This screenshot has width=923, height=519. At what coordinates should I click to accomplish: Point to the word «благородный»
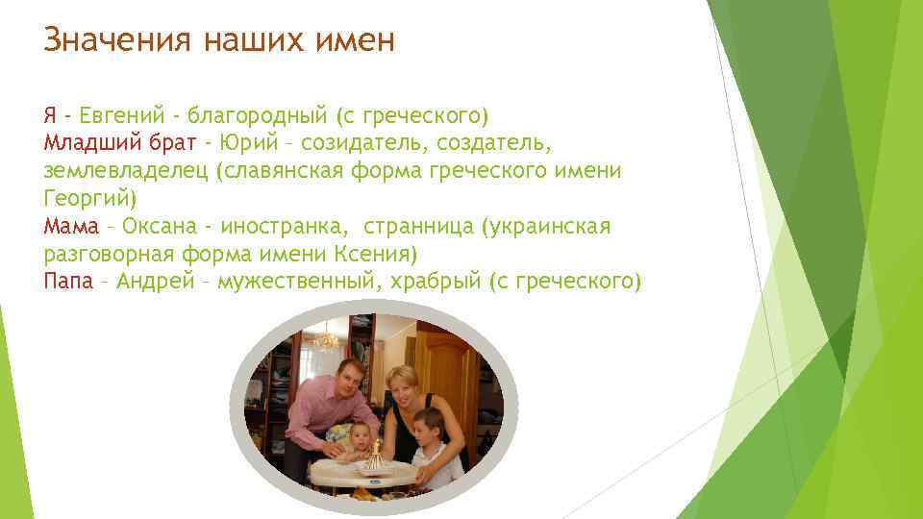click(x=257, y=116)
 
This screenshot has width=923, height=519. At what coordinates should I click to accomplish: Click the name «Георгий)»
click(x=91, y=199)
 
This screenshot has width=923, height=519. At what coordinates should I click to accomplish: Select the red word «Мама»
click(x=71, y=227)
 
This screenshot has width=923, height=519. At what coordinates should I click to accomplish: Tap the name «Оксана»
click(x=159, y=227)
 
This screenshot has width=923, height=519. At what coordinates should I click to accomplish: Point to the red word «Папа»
click(x=68, y=282)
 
